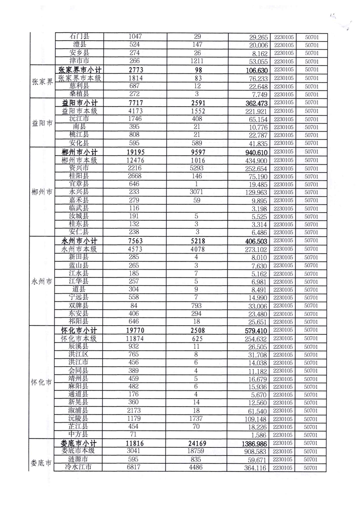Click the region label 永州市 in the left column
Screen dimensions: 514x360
[x=41, y=281]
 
